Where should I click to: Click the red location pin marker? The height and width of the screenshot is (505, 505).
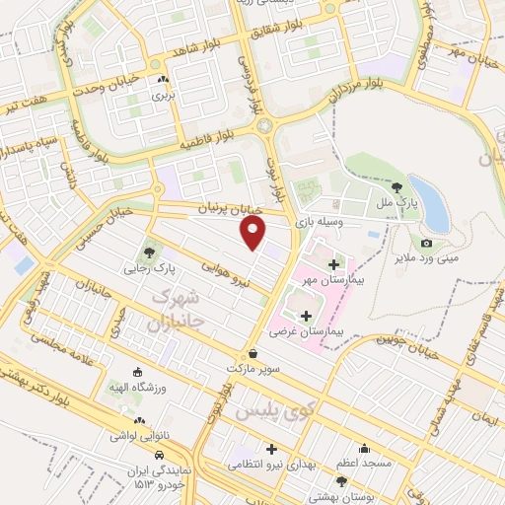pos(253,232)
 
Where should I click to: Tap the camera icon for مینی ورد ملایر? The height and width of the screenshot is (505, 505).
pos(426,243)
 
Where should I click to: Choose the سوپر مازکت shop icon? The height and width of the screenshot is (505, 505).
pos(253,353)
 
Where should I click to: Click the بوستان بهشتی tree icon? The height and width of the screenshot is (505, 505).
pos(341,481)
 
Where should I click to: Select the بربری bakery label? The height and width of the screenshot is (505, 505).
pos(161,97)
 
